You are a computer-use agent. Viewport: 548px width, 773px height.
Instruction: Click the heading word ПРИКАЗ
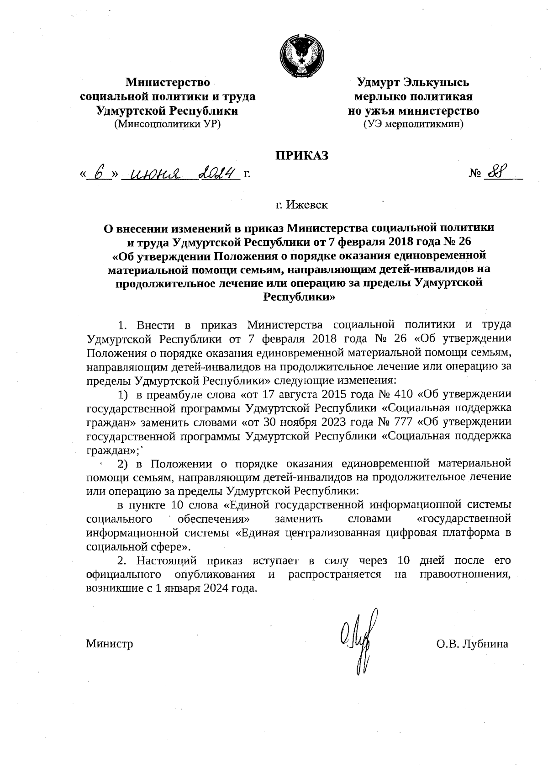point(301,156)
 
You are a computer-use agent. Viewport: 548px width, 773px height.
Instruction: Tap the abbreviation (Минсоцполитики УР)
point(168,123)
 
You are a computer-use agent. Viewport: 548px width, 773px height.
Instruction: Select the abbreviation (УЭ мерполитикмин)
point(413,123)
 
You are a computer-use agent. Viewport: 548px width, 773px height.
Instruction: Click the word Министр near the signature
point(110,644)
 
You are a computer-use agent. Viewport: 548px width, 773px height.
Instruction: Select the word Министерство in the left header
point(168,83)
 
